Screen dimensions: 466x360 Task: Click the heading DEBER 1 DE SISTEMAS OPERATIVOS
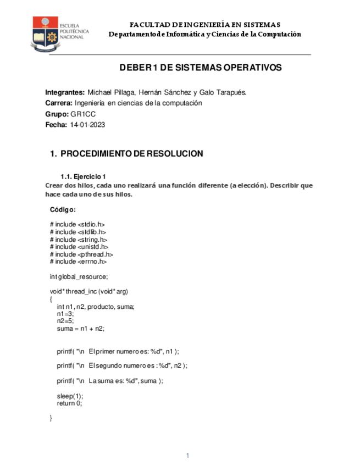[201, 68]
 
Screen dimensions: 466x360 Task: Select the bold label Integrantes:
[65, 92]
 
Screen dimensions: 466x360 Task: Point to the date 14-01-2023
[87, 125]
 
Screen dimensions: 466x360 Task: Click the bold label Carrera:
[58, 103]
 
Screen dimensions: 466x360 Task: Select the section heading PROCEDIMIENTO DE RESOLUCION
[131, 154]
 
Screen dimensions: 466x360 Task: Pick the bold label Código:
[62, 209]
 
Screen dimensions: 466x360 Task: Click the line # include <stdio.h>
[77, 224]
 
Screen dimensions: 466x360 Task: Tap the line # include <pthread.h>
[81, 254]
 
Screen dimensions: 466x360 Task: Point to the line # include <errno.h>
[78, 262]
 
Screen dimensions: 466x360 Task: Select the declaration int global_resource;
[79, 276]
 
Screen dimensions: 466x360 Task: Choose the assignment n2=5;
[65, 321]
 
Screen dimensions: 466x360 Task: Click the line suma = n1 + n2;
[80, 329]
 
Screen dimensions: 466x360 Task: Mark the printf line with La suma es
[110, 381]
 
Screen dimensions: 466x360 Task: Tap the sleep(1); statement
[70, 396]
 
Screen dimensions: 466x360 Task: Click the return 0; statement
[69, 403]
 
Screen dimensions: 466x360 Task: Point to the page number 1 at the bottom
[187, 456]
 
